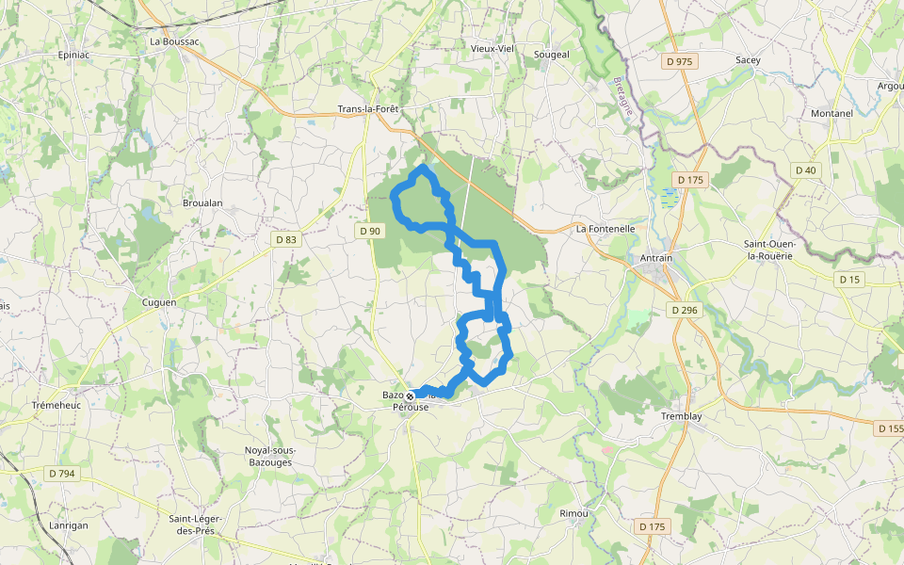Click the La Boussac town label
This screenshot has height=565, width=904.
pos(174,41)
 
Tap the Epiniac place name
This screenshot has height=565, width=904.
pos(73,55)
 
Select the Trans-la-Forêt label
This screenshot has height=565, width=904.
pos(368,109)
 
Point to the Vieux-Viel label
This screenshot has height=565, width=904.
pos(492,48)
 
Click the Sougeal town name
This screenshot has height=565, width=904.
pos(552,55)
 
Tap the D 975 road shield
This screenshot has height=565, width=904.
pos(678,61)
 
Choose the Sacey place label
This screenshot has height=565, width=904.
pos(748,59)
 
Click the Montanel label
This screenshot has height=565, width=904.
pos(831,114)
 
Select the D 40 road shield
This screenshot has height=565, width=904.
pos(805,170)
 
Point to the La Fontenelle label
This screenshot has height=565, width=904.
pos(606,229)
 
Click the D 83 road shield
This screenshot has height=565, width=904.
pos(286,240)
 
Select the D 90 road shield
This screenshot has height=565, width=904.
pos(370,231)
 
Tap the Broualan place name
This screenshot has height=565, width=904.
pos(202,202)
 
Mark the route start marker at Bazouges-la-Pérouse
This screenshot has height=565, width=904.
pos(410,396)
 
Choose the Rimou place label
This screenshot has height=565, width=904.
pos(573,513)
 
